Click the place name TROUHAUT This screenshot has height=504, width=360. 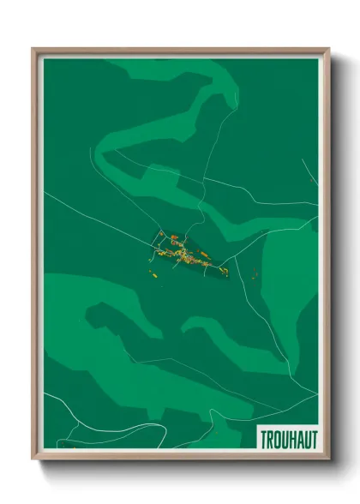[288, 439]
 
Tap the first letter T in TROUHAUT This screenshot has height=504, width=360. [264, 439]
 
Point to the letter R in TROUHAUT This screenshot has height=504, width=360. [271, 439]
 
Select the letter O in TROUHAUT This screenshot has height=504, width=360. [278, 439]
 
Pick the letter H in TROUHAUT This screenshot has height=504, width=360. [292, 439]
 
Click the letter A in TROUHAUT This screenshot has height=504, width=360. [299, 439]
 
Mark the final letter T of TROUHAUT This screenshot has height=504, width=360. [313, 439]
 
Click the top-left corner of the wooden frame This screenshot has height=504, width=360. [33, 49]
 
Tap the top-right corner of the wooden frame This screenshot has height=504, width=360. [328, 49]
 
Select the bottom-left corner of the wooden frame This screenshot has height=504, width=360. [33, 459]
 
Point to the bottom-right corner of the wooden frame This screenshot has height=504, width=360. [328, 459]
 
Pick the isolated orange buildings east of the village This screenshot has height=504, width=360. [255, 273]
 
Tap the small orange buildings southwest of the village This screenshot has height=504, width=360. [153, 274]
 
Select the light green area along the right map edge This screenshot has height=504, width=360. [296, 283]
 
